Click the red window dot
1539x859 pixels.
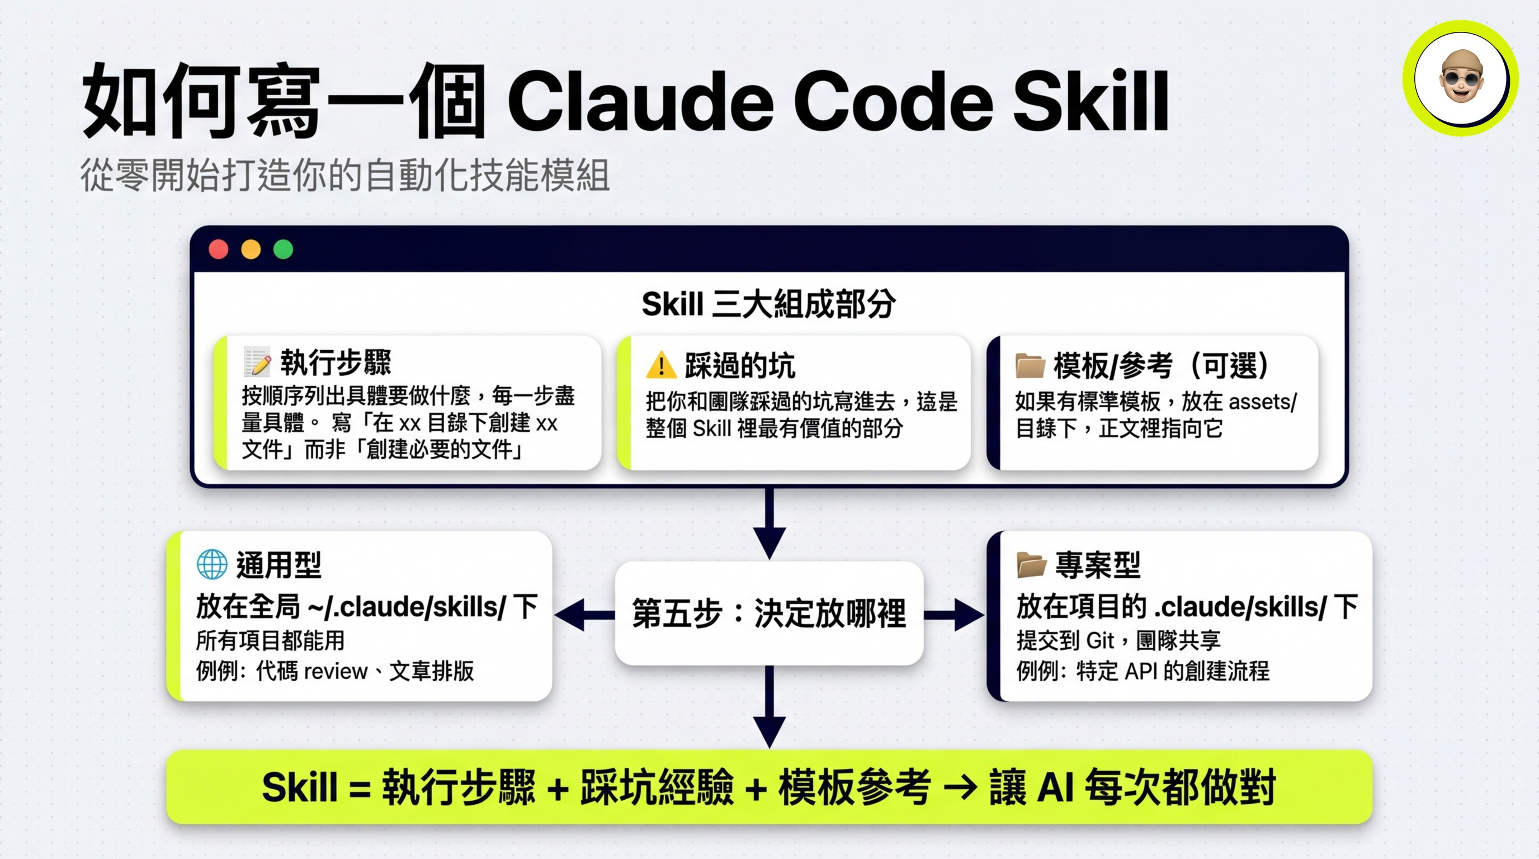pyautogui.click(x=219, y=249)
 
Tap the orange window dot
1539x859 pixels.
pyautogui.click(x=251, y=249)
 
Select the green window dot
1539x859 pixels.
pyautogui.click(x=283, y=249)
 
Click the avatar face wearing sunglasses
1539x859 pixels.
pyautogui.click(x=1461, y=78)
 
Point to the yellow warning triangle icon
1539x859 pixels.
pyautogui.click(x=661, y=365)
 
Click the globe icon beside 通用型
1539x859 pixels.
pyautogui.click(x=211, y=564)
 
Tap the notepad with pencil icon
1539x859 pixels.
pyautogui.click(x=257, y=362)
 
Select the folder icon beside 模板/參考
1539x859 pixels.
pyautogui.click(x=1030, y=366)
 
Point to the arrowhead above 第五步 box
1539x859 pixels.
pyautogui.click(x=769, y=542)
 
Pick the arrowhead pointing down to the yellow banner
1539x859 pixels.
pyautogui.click(x=769, y=731)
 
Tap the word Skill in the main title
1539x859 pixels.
pyautogui.click(x=1091, y=102)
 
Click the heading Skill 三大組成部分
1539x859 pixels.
pyautogui.click(x=769, y=304)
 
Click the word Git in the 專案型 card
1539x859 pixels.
pyautogui.click(x=1100, y=641)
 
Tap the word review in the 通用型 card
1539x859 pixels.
pyautogui.click(x=336, y=672)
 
